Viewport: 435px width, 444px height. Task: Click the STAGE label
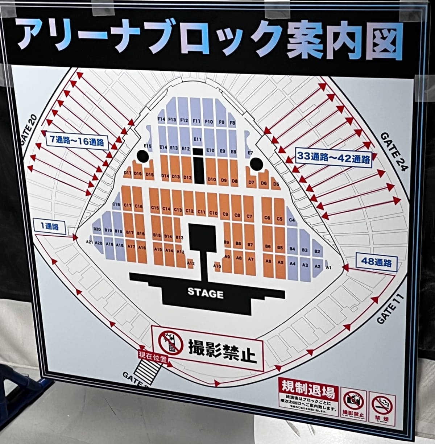point(205,292)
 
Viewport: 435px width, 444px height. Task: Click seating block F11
point(197,121)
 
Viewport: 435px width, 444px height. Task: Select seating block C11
point(201,212)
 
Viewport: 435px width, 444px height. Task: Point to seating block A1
point(329,267)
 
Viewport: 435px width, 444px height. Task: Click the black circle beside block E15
point(142,156)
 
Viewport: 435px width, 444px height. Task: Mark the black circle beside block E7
point(256,164)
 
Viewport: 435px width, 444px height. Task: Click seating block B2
point(317,251)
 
